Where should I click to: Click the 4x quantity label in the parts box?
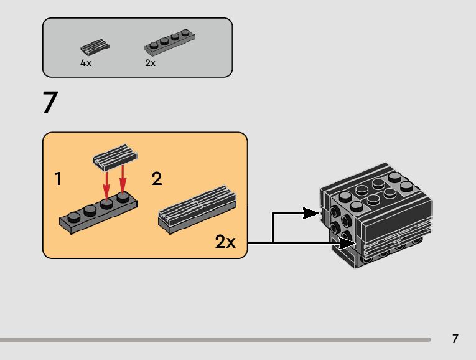point(86,63)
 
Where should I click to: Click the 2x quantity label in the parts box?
point(151,63)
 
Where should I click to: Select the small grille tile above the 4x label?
point(95,47)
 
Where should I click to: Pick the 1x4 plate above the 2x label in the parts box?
point(170,42)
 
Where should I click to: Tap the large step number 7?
point(50,102)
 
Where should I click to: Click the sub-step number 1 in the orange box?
point(58,178)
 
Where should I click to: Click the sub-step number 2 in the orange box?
point(157,178)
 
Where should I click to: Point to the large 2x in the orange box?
point(225,242)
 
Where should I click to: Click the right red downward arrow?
point(123,179)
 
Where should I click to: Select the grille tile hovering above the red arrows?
point(115,158)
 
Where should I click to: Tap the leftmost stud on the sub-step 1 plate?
point(74,217)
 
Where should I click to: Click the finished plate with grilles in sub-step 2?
point(197,209)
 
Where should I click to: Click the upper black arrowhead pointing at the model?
point(311,213)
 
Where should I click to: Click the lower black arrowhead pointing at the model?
point(347,243)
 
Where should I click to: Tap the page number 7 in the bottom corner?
point(455,338)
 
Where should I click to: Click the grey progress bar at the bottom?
point(215,339)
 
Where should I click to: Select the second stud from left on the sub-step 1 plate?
point(90,211)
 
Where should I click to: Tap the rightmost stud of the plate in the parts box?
point(185,33)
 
